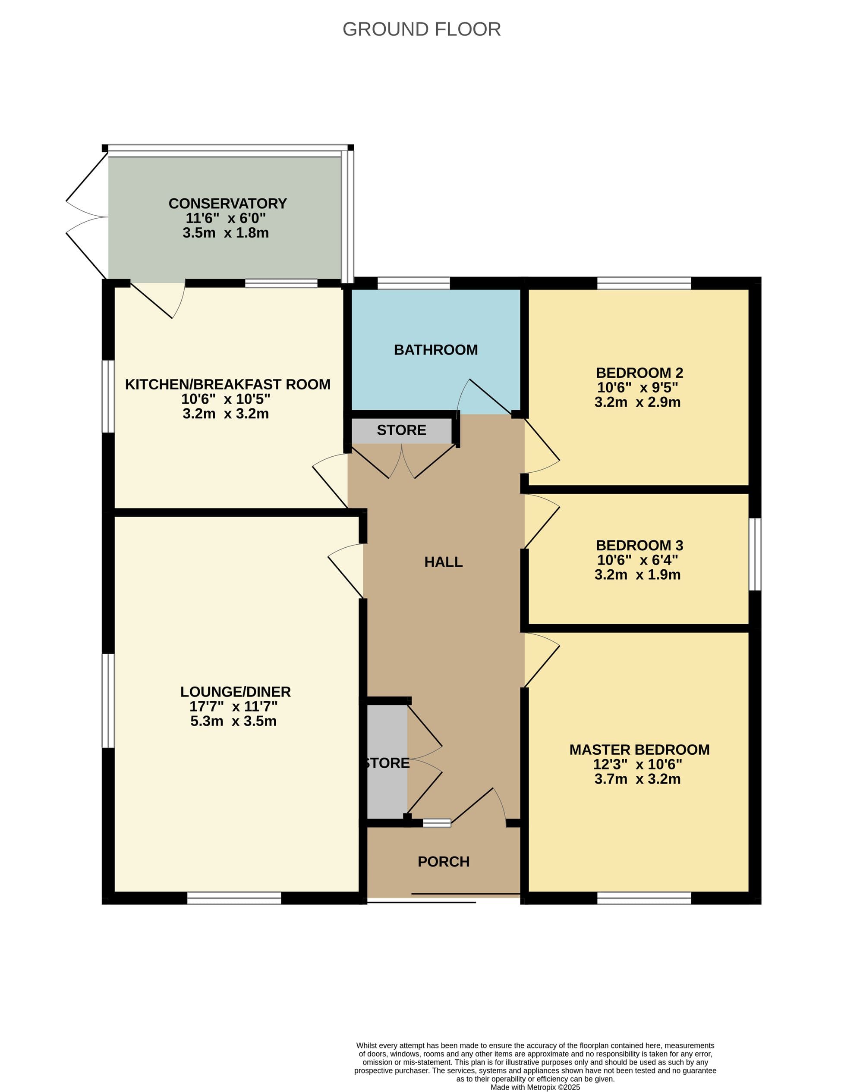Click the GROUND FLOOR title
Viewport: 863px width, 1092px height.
422,29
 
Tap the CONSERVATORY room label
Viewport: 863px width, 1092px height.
227,204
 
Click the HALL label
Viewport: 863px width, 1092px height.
443,562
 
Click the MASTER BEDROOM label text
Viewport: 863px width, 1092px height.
639,750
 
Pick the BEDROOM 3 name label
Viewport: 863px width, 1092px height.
639,545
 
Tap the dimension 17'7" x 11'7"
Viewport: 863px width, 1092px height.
233,706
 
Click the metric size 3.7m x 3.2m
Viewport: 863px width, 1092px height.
637,779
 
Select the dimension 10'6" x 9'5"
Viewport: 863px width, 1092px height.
637,387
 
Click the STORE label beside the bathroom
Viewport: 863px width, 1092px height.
401,430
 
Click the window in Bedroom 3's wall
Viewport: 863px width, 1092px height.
754,554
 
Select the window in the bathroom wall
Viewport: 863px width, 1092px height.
413,283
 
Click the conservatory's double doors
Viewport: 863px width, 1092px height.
87,217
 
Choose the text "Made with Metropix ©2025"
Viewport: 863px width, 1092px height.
535,1087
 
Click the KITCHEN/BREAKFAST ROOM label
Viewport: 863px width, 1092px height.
227,384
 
